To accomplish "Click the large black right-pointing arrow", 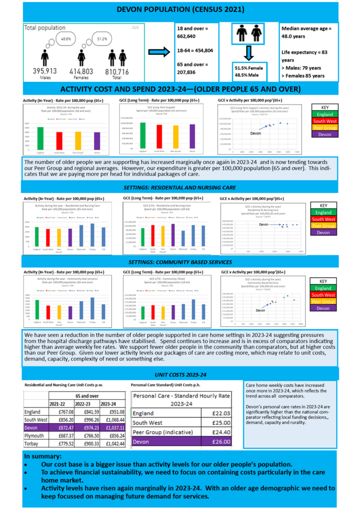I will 159,50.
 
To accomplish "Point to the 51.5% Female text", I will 249,68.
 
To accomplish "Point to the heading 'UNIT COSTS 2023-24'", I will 180,375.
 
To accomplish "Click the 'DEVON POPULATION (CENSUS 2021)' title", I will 180,10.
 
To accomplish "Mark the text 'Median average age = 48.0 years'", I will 306,34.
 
